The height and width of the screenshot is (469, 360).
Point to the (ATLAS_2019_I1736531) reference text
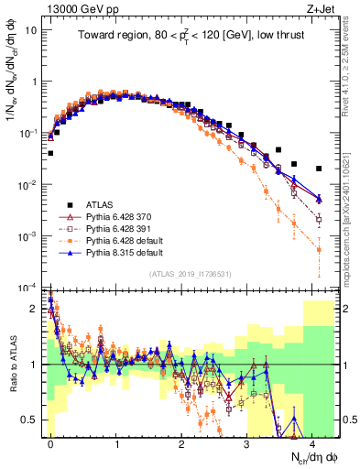point(191,274)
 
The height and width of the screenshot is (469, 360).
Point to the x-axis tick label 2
point(182,442)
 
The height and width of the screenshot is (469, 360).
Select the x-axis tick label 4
point(313,442)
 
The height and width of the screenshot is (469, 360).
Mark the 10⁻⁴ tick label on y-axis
point(28,287)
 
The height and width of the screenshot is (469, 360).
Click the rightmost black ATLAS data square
point(319,169)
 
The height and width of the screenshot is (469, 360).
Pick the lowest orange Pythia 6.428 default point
point(319,249)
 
